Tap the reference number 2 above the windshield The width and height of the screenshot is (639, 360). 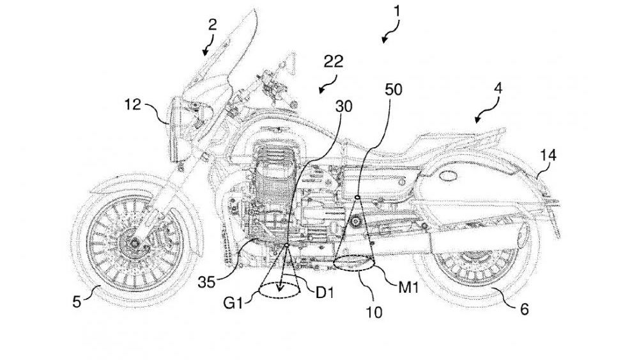(x=213, y=25)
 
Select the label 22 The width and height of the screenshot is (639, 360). (x=334, y=61)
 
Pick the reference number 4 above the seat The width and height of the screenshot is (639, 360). (x=498, y=89)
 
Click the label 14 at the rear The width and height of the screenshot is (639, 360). (x=548, y=154)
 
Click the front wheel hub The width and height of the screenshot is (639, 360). (x=135, y=243)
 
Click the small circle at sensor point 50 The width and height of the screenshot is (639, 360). (x=357, y=197)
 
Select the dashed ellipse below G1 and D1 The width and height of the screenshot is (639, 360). (x=281, y=292)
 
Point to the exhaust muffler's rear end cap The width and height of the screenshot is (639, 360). (x=523, y=238)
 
